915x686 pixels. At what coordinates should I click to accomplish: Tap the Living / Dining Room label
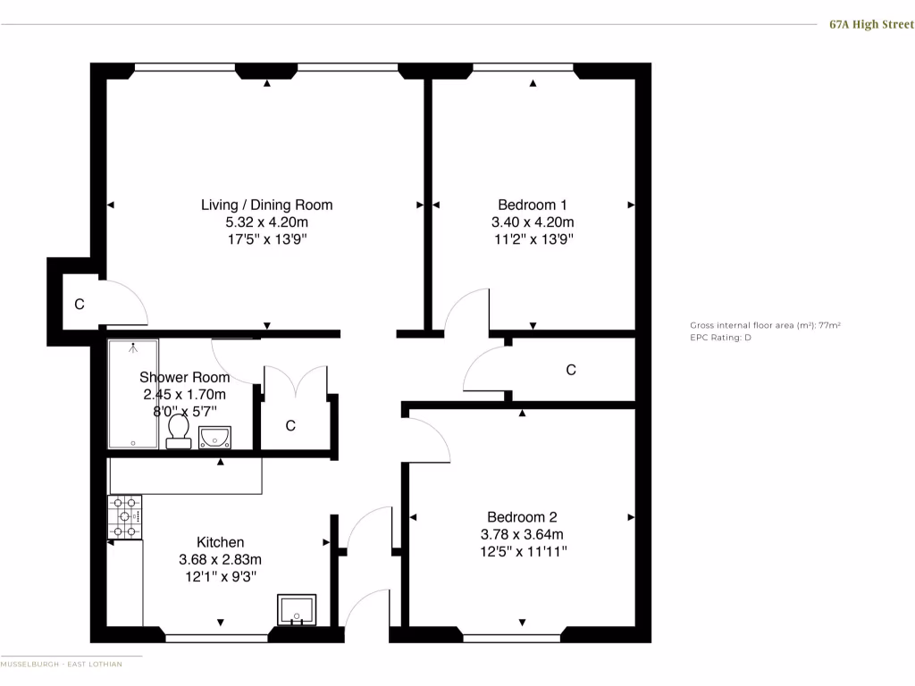(x=266, y=205)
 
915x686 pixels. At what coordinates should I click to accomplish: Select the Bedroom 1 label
(x=533, y=205)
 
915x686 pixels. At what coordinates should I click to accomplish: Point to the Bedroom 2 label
(x=522, y=517)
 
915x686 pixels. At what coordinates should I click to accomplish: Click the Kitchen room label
(x=220, y=542)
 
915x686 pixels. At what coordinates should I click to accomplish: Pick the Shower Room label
(x=184, y=377)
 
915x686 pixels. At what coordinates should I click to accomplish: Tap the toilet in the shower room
(x=178, y=432)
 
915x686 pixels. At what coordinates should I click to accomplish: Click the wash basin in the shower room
(x=214, y=436)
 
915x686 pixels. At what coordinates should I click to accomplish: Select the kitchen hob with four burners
(x=124, y=517)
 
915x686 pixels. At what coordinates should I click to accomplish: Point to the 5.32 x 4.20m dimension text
(x=266, y=222)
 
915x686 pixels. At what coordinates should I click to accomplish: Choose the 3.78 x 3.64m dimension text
(x=522, y=534)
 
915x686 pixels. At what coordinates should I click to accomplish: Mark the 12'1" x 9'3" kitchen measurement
(x=220, y=576)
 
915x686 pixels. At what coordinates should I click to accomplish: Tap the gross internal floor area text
(x=765, y=325)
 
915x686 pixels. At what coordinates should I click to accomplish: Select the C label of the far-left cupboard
(x=80, y=305)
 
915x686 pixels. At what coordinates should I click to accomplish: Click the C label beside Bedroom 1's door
(x=571, y=369)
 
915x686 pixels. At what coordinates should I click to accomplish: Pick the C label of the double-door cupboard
(x=290, y=426)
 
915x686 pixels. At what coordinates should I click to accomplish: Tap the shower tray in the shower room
(x=133, y=393)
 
